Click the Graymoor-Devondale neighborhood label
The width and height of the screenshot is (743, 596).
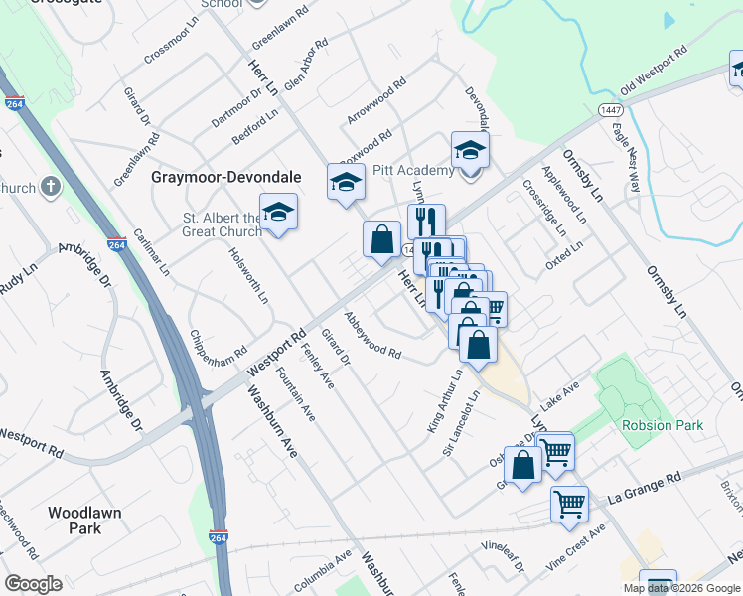(x=225, y=177)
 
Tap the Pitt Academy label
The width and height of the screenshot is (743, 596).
(x=412, y=170)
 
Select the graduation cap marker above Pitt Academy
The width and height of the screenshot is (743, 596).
(x=470, y=151)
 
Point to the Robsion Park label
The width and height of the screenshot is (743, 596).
(x=663, y=425)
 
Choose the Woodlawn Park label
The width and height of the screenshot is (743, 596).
(x=83, y=521)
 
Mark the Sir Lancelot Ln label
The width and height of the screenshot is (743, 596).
(x=461, y=415)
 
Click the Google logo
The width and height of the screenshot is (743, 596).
(x=33, y=584)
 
